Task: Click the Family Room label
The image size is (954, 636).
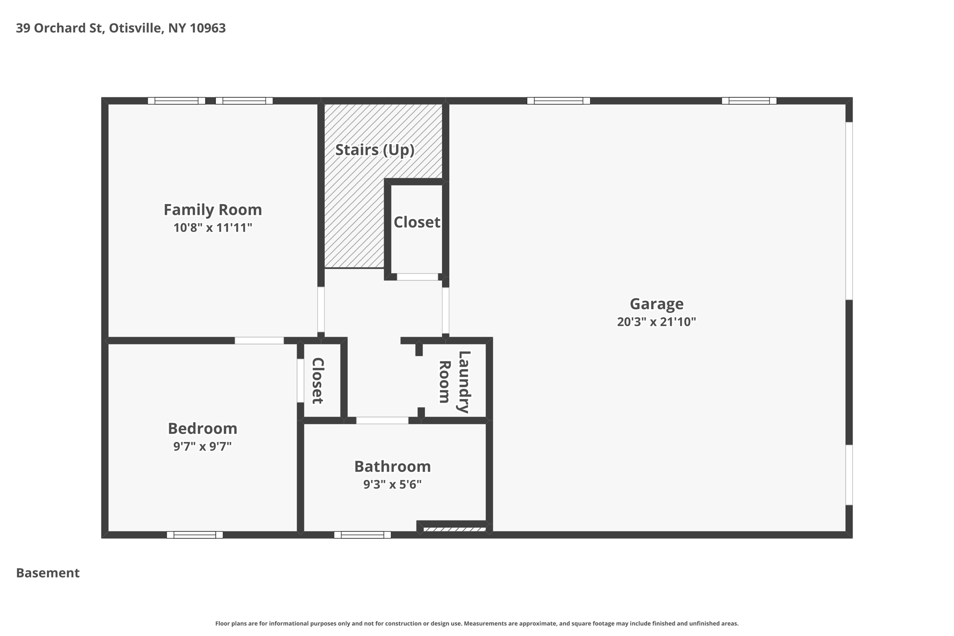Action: point(212,210)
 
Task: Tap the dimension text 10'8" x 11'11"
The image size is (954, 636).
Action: point(212,228)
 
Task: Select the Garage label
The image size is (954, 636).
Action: point(656,304)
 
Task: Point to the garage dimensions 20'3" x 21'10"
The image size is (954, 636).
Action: point(656,322)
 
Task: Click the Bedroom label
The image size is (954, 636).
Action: point(202,428)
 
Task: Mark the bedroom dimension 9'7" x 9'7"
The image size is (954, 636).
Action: point(202,446)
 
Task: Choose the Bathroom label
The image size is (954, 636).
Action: point(392,466)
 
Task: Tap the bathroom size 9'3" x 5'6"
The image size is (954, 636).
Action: point(392,485)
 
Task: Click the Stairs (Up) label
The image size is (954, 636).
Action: point(375,150)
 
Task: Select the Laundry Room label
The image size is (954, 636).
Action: point(455,382)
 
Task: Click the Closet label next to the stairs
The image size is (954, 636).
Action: point(416,222)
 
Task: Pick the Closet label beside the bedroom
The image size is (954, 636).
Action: point(317,381)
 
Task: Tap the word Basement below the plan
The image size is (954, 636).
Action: point(48,573)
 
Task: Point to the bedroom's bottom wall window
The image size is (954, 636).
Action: point(195,535)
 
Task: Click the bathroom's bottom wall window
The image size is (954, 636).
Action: point(362,535)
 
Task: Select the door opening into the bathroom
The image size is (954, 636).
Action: point(382,420)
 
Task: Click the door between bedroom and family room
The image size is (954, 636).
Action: point(259,341)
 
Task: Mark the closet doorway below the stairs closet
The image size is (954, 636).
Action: point(417,277)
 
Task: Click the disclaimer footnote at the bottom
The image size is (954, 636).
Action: point(477,623)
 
